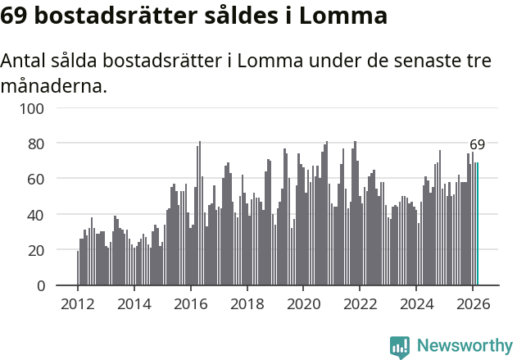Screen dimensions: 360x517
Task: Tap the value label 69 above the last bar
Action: (x=477, y=144)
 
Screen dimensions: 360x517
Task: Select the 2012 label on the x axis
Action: (x=78, y=303)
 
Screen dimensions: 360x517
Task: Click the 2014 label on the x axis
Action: (x=134, y=303)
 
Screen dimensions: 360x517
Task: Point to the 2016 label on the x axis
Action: (x=191, y=303)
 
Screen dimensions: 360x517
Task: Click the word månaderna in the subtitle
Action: (x=53, y=85)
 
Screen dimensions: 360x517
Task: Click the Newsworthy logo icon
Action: (x=400, y=347)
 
